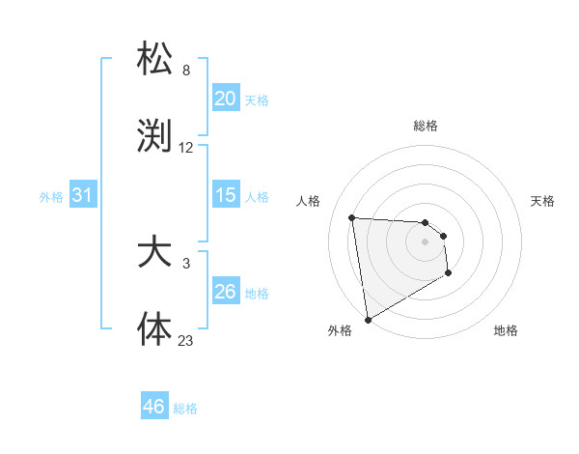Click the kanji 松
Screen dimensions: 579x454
[155, 60]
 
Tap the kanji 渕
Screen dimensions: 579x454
[155, 136]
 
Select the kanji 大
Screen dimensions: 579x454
[155, 252]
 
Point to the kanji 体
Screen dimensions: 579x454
[155, 328]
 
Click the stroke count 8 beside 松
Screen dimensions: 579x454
[186, 71]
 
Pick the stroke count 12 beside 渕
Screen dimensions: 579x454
[186, 148]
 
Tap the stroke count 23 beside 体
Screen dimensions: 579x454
[186, 340]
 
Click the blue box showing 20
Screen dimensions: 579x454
[226, 99]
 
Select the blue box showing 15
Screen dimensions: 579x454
[226, 195]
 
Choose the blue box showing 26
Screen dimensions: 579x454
[226, 292]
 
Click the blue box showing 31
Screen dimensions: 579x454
[83, 195]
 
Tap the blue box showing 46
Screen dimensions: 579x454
[154, 407]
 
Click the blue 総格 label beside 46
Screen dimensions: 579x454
[185, 409]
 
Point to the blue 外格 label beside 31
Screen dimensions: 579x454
[51, 196]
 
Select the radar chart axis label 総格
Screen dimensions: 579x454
[425, 126]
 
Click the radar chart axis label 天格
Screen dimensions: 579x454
[543, 201]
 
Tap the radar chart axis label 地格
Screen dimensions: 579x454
[506, 330]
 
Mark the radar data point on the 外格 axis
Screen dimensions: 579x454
[367, 319]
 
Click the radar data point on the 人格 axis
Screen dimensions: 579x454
[352, 217]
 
